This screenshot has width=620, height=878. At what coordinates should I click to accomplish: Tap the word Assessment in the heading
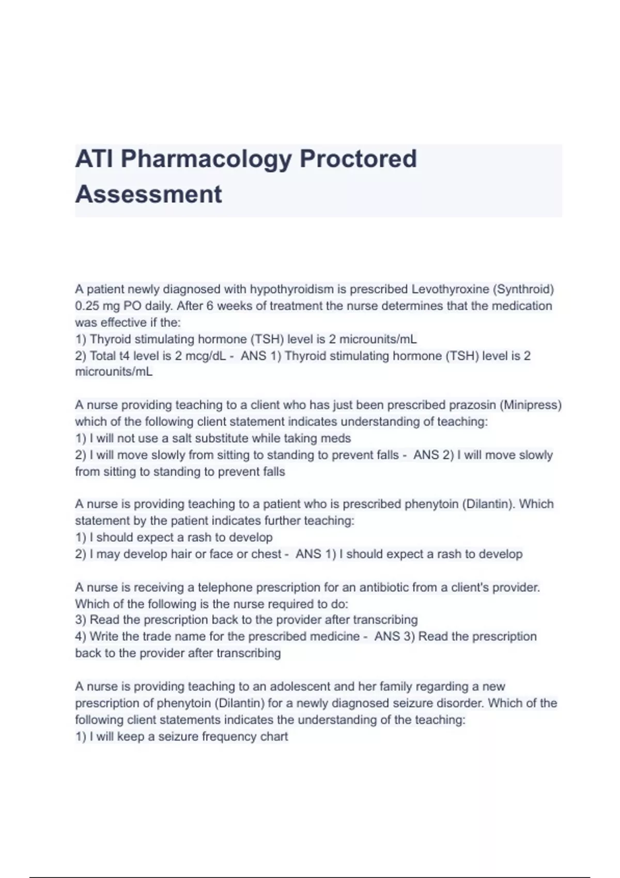[x=148, y=195]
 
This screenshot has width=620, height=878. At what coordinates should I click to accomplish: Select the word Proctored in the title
[x=358, y=159]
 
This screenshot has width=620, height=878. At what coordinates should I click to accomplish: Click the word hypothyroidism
[x=292, y=289]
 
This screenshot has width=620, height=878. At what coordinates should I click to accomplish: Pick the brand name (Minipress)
[x=531, y=405]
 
